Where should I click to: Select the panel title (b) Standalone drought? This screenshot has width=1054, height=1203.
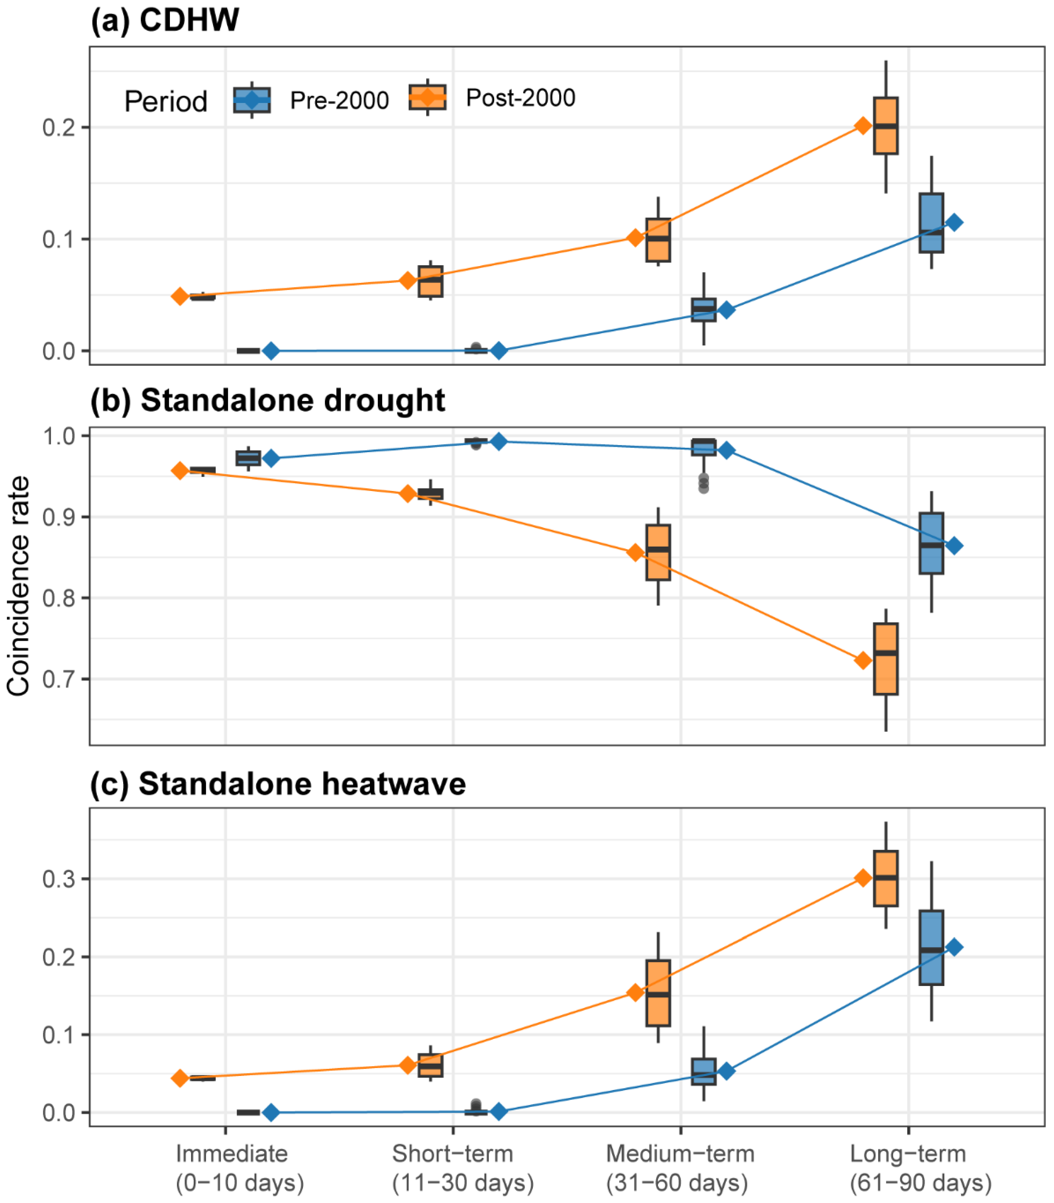(268, 401)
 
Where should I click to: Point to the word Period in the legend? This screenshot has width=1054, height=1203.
(166, 101)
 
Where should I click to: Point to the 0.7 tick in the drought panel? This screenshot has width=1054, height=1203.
(58, 680)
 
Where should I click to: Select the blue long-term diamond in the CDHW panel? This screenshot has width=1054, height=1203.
(954, 222)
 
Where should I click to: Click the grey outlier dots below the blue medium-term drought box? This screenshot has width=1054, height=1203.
(703, 483)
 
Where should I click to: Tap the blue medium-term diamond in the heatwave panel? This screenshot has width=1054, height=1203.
(726, 1071)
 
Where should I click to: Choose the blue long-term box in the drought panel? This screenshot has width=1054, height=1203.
(931, 543)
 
